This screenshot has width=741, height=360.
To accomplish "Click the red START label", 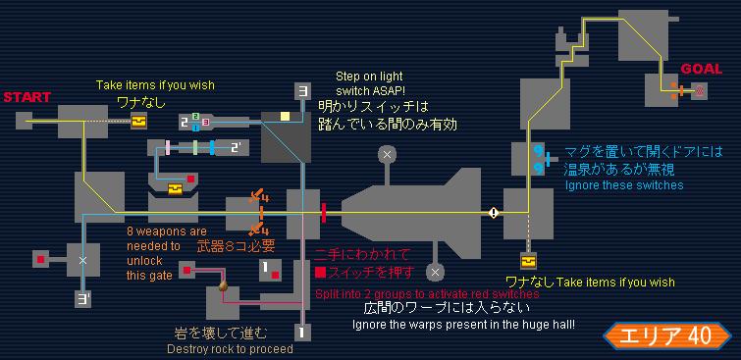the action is (x=26, y=97).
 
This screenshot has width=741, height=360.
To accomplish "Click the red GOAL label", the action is (x=702, y=69).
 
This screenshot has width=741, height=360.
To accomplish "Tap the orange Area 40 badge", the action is (x=661, y=335).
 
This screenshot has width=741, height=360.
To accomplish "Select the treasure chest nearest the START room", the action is (x=138, y=122).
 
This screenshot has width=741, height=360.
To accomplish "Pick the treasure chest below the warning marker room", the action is (x=527, y=261).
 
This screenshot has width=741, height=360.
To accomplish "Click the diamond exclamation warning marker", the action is (x=494, y=213).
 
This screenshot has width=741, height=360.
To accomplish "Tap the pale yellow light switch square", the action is (x=285, y=116).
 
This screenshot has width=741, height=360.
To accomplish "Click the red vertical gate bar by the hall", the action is (x=324, y=213).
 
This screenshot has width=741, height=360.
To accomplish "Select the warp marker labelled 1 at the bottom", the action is (x=302, y=333).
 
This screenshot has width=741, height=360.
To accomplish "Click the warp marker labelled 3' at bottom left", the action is (x=83, y=299).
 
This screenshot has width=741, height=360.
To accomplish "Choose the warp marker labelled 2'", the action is (x=237, y=148).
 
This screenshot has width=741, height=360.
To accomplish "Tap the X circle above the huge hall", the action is (x=387, y=154).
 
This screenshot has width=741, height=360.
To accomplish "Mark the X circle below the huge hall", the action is (x=435, y=272).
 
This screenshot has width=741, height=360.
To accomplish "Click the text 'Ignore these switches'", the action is (x=624, y=184).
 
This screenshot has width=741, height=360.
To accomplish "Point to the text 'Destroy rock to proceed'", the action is (x=230, y=349).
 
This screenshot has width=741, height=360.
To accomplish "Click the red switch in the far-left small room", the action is (x=40, y=259).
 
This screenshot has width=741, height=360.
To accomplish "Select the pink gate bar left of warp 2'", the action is (x=168, y=147).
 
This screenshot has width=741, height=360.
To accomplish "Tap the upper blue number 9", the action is (x=537, y=151).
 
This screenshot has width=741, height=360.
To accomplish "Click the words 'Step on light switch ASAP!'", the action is (x=370, y=82).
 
